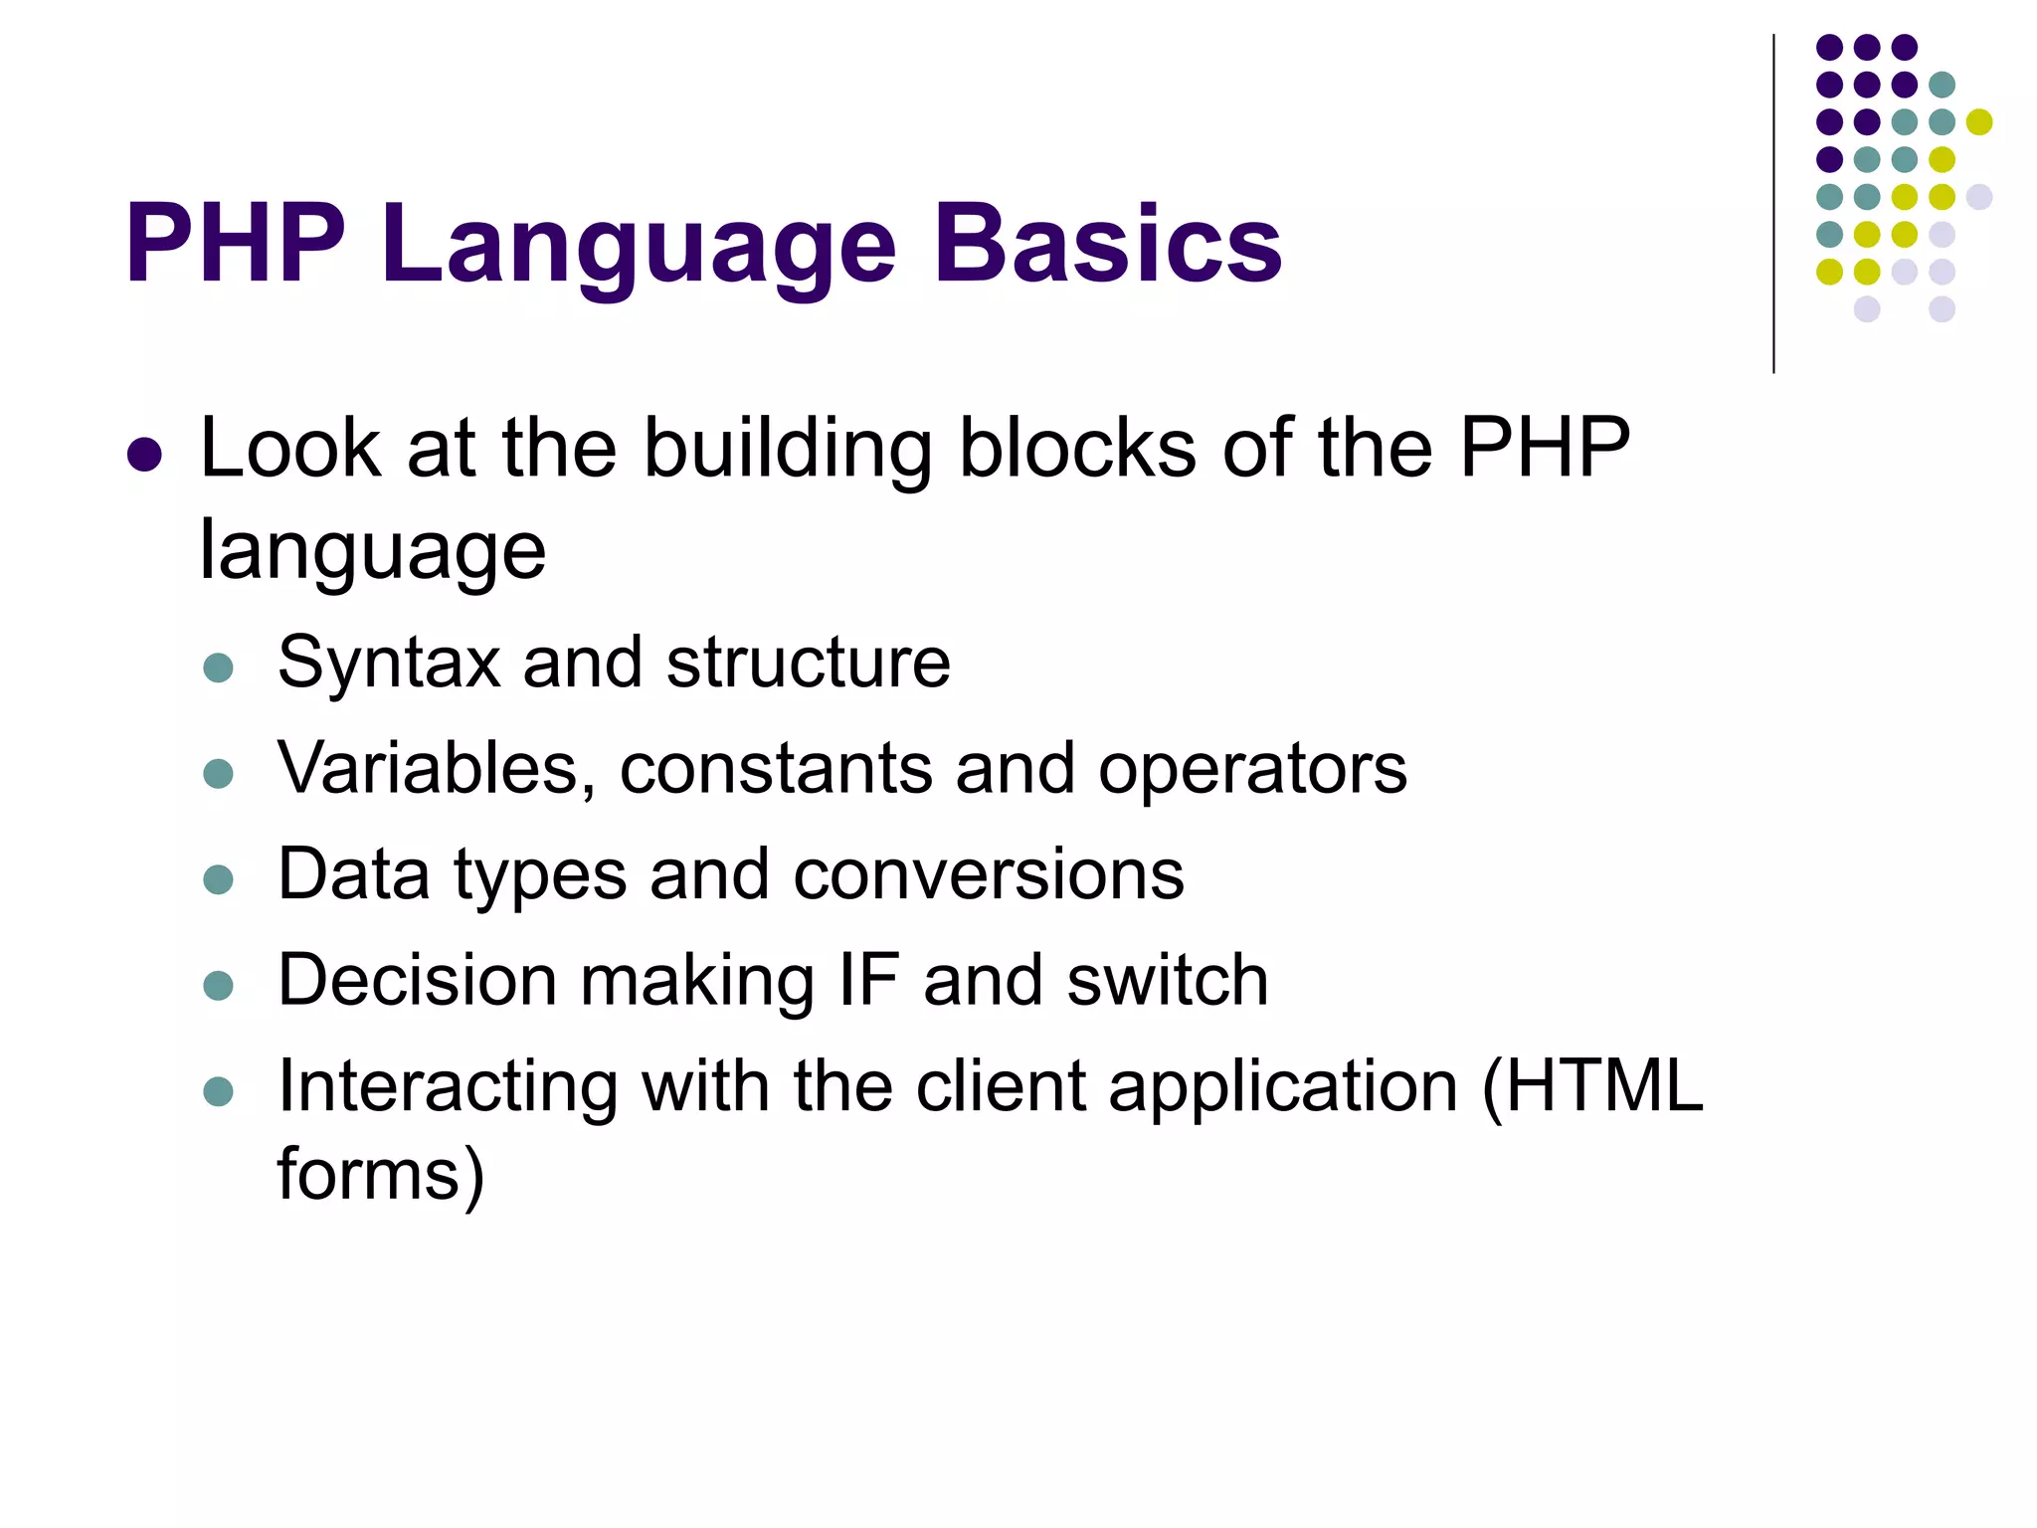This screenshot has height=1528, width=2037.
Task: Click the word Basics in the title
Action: [x=1107, y=244]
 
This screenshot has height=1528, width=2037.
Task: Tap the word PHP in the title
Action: [x=236, y=244]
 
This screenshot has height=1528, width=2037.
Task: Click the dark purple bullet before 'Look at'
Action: [x=145, y=455]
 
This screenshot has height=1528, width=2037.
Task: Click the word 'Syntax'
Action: [x=388, y=664]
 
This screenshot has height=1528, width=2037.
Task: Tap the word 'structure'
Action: [x=808, y=664]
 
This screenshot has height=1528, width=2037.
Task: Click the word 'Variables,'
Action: [x=437, y=769]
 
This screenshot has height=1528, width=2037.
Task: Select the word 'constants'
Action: [x=775, y=769]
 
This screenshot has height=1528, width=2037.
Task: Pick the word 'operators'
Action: [x=1252, y=771]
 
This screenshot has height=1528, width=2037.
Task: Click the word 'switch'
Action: [x=1167, y=980]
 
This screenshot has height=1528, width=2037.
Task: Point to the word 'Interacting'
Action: [x=447, y=1086]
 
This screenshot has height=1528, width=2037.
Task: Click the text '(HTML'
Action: [x=1592, y=1086]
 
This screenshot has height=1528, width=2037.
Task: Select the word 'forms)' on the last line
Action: [x=381, y=1175]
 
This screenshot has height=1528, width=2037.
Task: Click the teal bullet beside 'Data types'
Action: [x=218, y=879]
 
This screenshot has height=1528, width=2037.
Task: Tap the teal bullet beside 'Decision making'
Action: [x=218, y=986]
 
